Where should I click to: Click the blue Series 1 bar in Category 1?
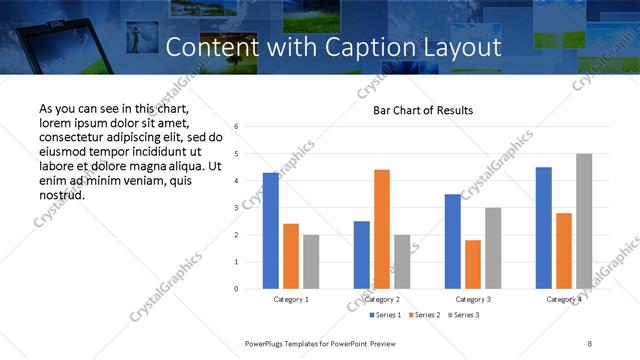[x=271, y=231]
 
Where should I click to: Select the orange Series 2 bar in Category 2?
[x=382, y=229]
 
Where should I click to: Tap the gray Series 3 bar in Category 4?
[x=584, y=221]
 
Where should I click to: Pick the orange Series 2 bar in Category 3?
[x=473, y=264]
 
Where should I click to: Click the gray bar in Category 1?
[x=311, y=262]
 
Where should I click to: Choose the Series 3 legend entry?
[x=466, y=315]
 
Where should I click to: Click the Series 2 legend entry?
[x=426, y=315]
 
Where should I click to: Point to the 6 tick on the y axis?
[x=236, y=127]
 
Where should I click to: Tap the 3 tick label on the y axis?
[x=236, y=208]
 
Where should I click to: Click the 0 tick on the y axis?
[x=236, y=289]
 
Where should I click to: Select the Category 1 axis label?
[x=291, y=299]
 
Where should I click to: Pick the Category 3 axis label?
[x=473, y=299]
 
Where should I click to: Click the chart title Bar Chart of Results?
[x=423, y=110]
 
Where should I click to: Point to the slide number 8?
[x=590, y=343]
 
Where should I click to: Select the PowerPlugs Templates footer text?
[x=313, y=343]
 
